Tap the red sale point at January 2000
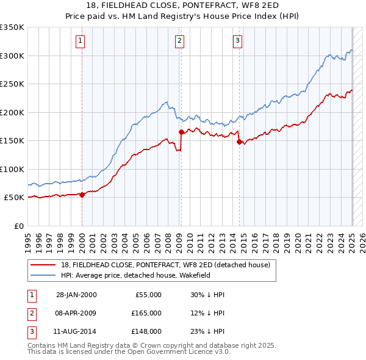click(82, 195)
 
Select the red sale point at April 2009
click(181, 132)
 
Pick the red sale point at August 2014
click(239, 142)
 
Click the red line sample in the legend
click(43, 265)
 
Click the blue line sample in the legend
click(43, 275)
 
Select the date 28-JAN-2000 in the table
click(76, 295)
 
